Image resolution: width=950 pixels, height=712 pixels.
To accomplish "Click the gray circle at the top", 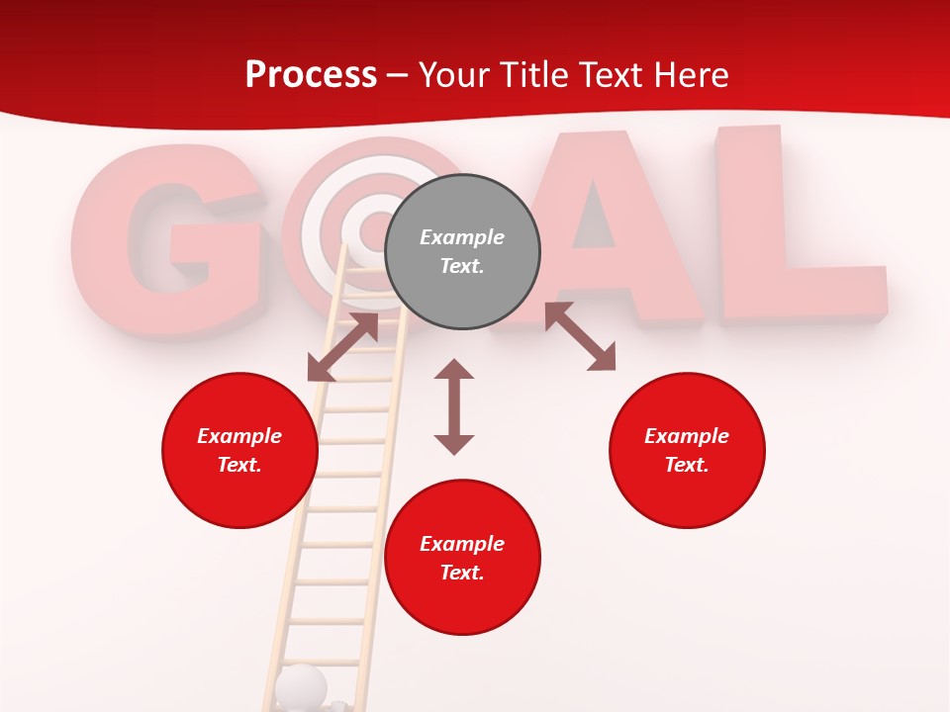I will (462, 252).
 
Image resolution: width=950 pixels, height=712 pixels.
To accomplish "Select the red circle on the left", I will (239, 450).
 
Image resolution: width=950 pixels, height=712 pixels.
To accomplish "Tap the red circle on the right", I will (687, 450).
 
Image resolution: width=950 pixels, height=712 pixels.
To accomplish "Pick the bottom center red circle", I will (462, 558).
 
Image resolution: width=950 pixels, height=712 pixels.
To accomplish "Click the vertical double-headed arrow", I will (454, 406).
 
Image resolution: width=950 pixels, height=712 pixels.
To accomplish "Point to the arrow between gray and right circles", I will (580, 336).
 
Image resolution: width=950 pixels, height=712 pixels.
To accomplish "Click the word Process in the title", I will (311, 74).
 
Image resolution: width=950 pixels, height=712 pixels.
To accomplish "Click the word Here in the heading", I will (694, 74).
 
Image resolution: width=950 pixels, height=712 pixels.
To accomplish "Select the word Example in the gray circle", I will (462, 237).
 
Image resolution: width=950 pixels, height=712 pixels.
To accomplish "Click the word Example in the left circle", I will (239, 436).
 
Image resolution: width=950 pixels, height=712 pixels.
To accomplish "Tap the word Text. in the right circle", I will (687, 465).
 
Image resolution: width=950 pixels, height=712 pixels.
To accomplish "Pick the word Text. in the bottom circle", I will (462, 573).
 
